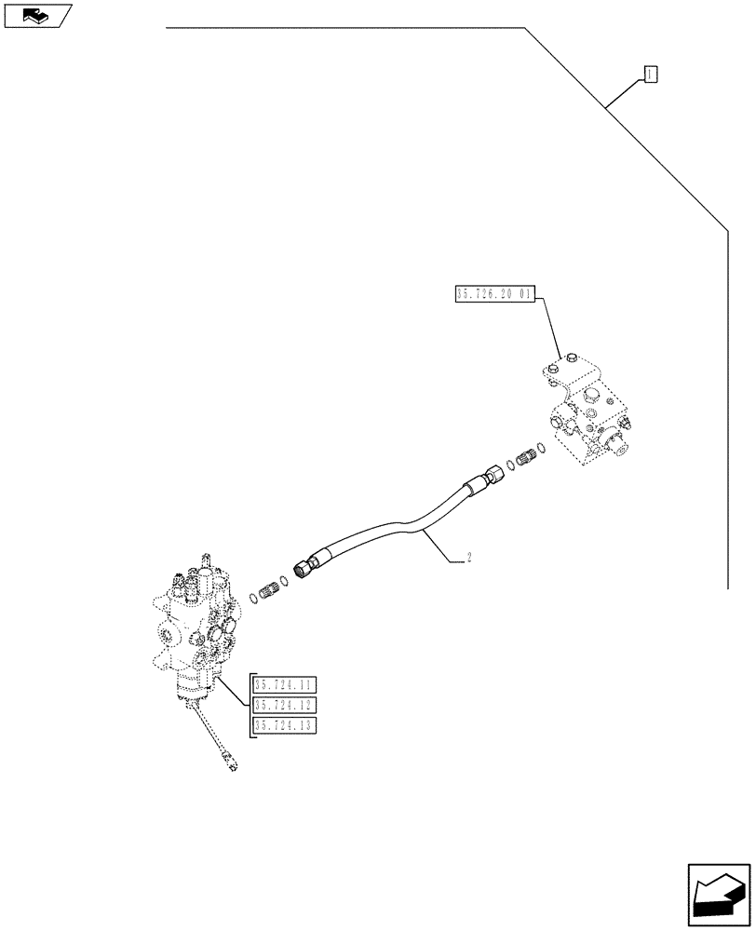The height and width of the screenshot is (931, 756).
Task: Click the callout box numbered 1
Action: [651, 74]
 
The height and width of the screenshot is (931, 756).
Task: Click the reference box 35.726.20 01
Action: [493, 294]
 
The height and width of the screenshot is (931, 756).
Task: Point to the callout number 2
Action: [469, 559]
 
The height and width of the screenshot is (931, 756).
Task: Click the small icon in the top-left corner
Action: [36, 15]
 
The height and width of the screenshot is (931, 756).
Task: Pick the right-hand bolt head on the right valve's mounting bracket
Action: [571, 358]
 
